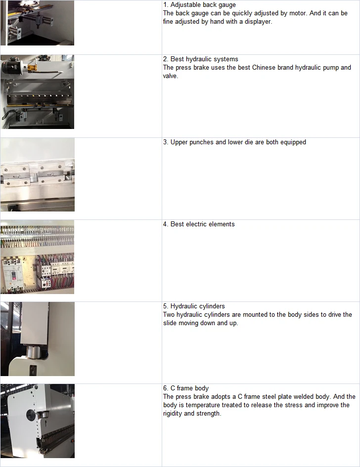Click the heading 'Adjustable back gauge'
[x=203, y=5]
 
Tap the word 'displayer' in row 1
[x=258, y=21]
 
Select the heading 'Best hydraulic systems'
[x=204, y=59]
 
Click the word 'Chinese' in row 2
[x=264, y=67]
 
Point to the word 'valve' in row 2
[x=170, y=76]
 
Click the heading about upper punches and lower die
[x=238, y=142]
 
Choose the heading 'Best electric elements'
[x=203, y=224]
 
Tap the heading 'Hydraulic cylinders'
[x=198, y=306]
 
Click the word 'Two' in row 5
[x=169, y=314]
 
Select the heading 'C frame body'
[x=189, y=388]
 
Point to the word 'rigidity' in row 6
[x=173, y=414]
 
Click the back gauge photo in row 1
[x=37, y=23]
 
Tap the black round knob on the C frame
[x=31, y=414]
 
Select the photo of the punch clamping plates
[x=38, y=174]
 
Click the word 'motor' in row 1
[x=298, y=13]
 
